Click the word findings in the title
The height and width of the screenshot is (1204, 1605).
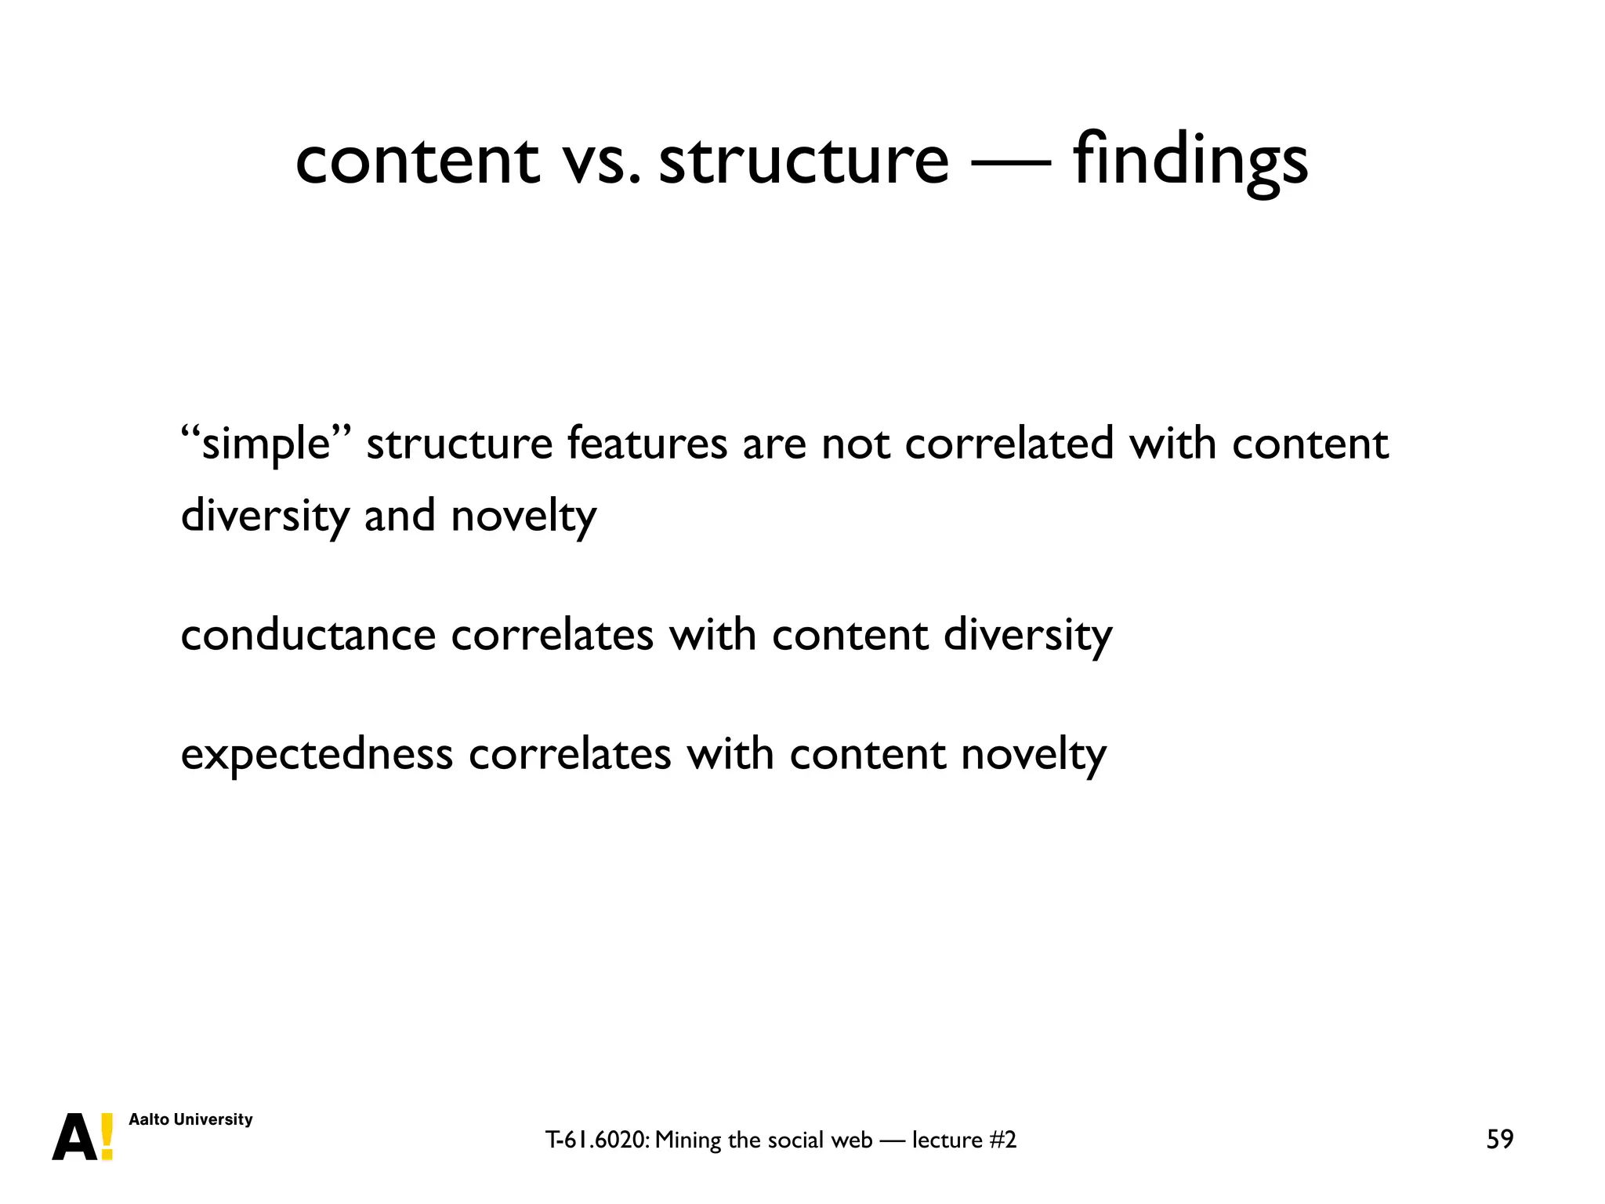point(1190,161)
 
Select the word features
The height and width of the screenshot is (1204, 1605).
point(647,443)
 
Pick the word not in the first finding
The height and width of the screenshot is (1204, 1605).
point(856,444)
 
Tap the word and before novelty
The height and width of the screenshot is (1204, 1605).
point(400,516)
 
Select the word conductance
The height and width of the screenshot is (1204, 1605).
point(308,634)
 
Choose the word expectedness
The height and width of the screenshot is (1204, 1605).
point(317,754)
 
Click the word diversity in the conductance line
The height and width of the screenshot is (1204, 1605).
point(1027,636)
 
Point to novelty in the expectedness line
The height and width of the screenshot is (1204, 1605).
point(1034,754)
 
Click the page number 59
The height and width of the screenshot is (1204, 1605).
point(1500,1139)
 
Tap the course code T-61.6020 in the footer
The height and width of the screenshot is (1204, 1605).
point(596,1140)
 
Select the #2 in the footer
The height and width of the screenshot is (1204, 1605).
point(1003,1140)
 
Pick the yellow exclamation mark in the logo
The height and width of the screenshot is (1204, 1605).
point(107,1137)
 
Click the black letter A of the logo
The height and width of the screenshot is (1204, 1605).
point(75,1137)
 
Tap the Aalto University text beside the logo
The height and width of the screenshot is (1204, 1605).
point(190,1119)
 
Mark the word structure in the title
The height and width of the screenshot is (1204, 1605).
point(803,161)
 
